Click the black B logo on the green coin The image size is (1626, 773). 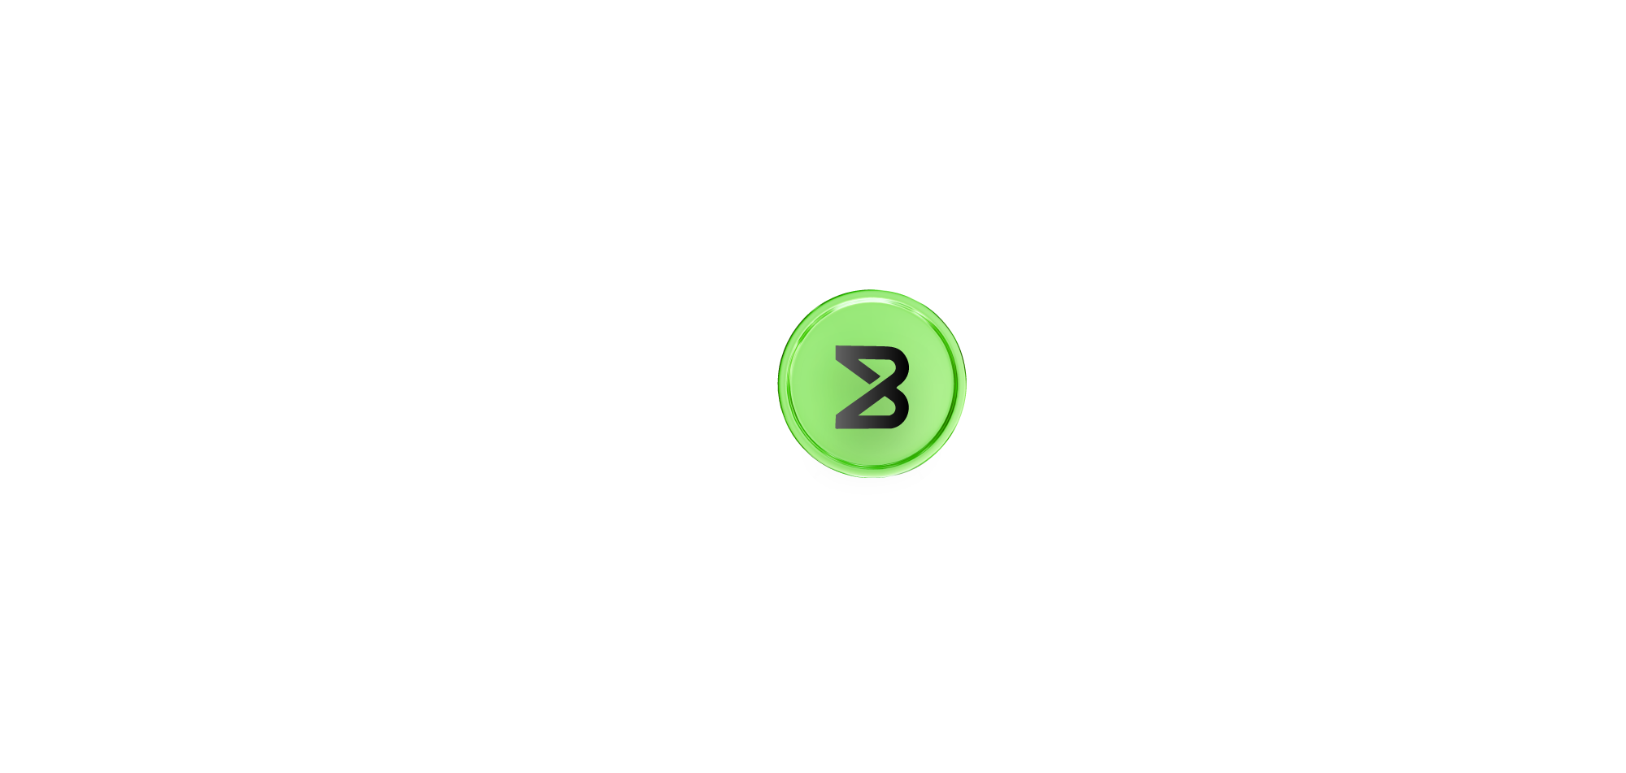coord(872,387)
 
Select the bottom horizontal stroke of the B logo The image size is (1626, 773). coord(870,423)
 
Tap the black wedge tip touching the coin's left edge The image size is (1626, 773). coord(776,401)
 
